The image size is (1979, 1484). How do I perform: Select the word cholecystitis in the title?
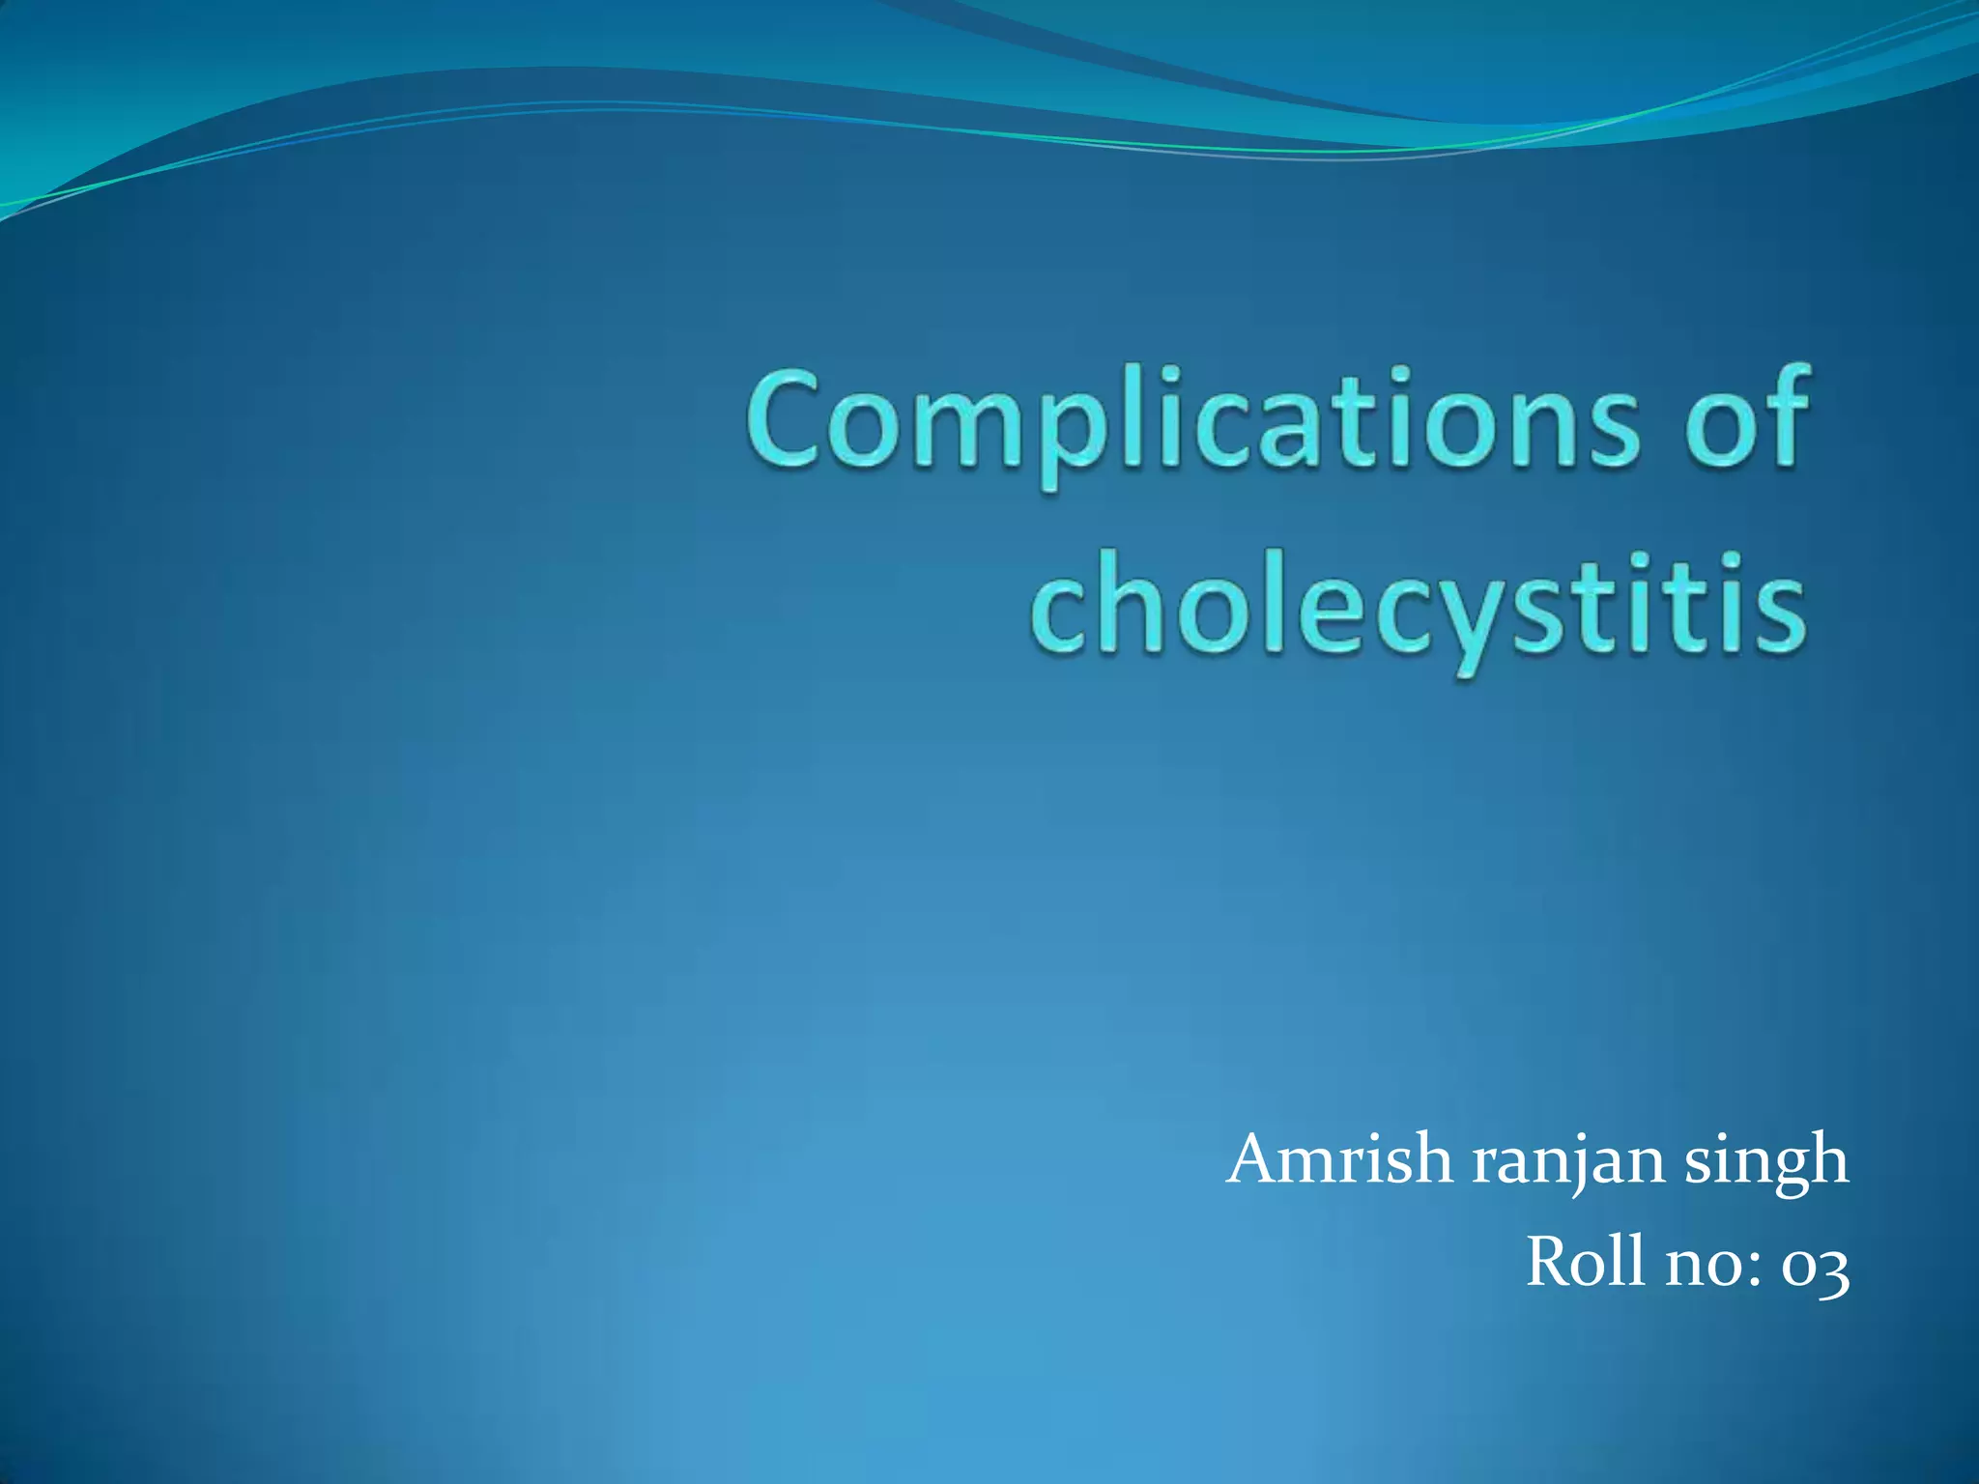1417,609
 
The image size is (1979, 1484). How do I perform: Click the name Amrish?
1339,1159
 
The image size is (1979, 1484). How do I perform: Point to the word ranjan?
1569,1163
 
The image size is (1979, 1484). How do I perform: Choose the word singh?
1766,1163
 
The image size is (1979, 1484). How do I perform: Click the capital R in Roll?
1550,1262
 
